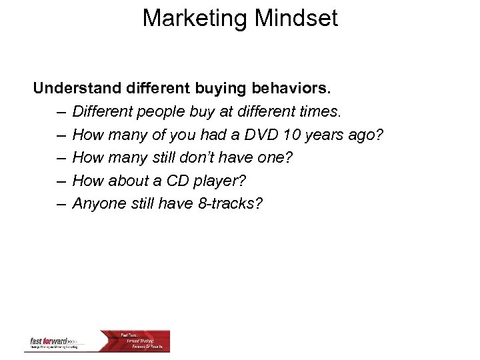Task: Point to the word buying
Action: pos(220,88)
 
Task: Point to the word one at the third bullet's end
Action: pos(277,157)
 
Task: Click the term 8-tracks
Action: pos(230,203)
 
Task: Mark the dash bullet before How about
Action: pos(61,180)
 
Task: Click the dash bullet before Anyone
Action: pos(61,203)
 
